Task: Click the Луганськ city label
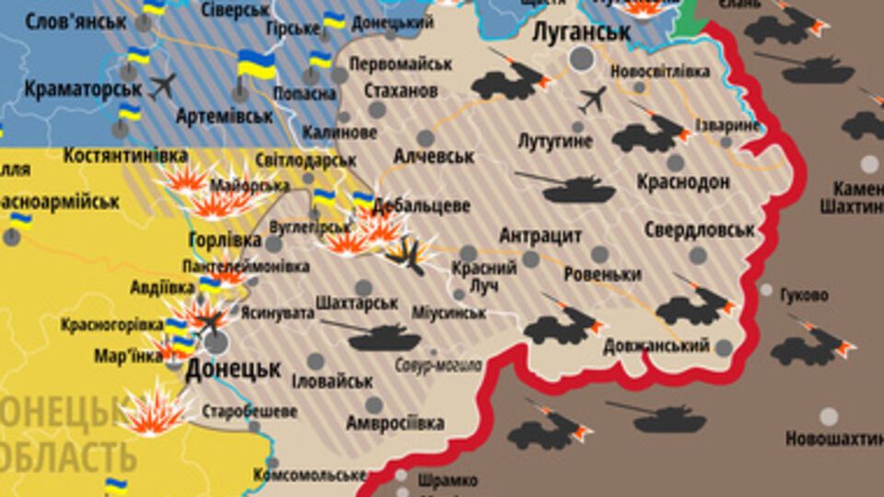coord(582,32)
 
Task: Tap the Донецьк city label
coord(233,370)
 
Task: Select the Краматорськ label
coord(83,89)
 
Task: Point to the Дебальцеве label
coord(421,205)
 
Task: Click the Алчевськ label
coord(434,156)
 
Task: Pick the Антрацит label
coord(541,236)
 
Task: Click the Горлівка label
coord(225,240)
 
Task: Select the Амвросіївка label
coord(395,423)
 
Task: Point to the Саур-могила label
coord(438,365)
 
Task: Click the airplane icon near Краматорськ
coord(162,86)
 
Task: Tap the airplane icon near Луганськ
coord(594,98)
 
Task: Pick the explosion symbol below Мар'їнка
coord(152,411)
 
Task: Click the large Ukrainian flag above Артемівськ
coord(256,64)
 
